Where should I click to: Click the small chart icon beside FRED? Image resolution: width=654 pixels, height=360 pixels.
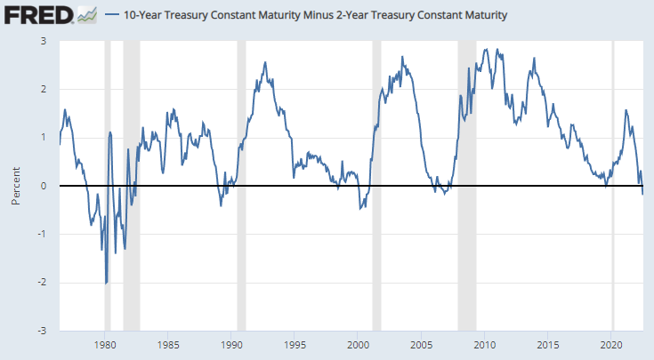click(x=87, y=14)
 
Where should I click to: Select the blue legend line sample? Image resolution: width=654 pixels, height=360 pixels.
click(x=114, y=15)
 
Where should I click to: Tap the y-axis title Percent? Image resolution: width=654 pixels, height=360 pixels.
click(x=16, y=186)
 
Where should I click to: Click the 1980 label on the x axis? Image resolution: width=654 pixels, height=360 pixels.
click(x=105, y=343)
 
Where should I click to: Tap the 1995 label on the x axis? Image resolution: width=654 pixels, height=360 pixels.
click(x=295, y=343)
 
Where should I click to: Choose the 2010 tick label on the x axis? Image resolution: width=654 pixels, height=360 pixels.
click(x=485, y=343)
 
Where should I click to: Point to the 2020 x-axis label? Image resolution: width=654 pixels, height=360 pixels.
click(x=611, y=343)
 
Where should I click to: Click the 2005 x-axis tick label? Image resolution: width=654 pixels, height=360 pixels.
click(x=422, y=343)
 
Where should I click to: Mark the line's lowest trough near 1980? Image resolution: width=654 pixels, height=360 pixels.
click(x=106, y=283)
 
